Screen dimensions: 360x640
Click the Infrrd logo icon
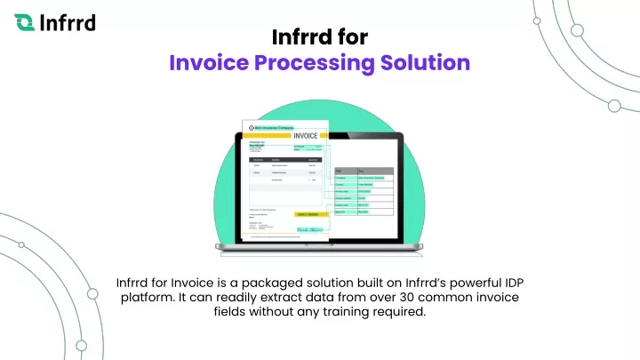26,20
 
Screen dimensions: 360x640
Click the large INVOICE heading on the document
300,135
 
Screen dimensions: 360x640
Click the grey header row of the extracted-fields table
361,170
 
